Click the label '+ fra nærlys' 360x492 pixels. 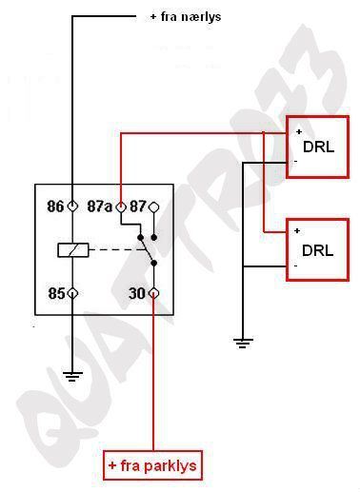tap(186, 17)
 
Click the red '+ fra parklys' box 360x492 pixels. tap(152, 466)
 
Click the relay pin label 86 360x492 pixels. tap(55, 206)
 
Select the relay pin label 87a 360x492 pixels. tap(100, 206)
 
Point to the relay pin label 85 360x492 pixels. tap(55, 293)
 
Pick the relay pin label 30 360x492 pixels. tap(137, 293)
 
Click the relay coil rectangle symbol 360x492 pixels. tap(73, 250)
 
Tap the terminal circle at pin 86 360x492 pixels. tap(72, 206)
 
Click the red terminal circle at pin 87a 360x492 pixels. tap(120, 206)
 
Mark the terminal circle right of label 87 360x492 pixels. tap(154, 206)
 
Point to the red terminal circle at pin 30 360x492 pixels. tap(154, 293)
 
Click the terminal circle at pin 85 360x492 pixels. tap(72, 293)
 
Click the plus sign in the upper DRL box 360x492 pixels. tap(298, 130)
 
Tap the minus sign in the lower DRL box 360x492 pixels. tap(296, 266)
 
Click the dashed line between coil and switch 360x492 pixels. tap(114, 250)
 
